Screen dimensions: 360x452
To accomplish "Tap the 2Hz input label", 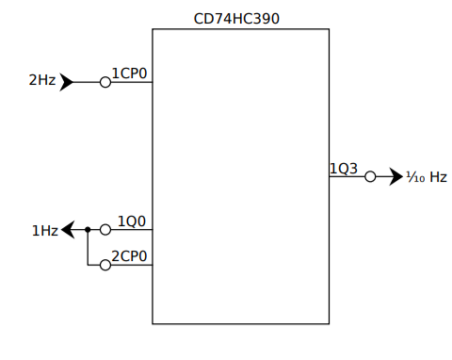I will [41, 81].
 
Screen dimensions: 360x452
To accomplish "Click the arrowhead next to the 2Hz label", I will [67, 82].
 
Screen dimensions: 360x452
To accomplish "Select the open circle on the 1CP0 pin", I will [105, 82].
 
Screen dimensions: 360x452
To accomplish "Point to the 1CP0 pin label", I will [129, 74].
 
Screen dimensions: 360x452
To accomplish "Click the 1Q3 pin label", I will [344, 169].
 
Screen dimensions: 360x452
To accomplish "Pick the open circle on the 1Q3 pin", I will [371, 176].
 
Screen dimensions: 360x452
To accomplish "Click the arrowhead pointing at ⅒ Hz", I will [395, 176].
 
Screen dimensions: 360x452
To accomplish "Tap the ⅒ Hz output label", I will [426, 177].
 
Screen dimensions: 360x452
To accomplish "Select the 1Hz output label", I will [44, 230].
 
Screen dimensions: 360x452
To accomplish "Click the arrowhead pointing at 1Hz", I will [69, 229].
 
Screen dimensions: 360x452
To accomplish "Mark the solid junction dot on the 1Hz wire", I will [88, 229].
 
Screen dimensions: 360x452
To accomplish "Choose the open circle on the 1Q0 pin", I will [105, 229].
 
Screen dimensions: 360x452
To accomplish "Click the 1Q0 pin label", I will [132, 221].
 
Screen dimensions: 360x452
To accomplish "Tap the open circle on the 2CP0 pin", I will [105, 265].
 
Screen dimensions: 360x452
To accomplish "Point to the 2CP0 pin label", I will [130, 256].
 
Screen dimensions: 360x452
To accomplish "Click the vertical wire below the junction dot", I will [88, 248].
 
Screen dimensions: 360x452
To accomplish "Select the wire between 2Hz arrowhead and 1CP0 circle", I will [86, 82].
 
